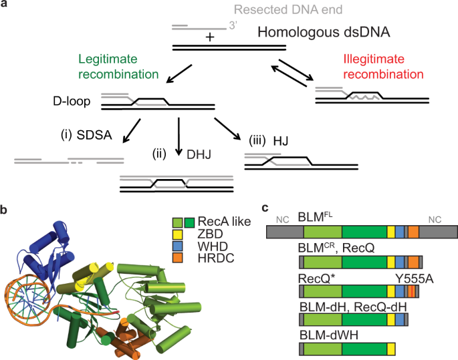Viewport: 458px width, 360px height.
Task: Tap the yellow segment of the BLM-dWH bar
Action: point(390,348)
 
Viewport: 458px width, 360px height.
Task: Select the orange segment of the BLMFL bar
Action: point(413,232)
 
